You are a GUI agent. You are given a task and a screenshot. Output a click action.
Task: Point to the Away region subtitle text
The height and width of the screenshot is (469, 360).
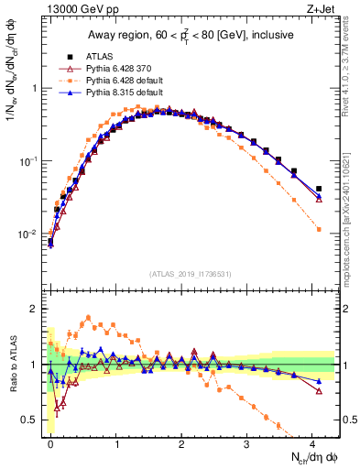pos(193,36)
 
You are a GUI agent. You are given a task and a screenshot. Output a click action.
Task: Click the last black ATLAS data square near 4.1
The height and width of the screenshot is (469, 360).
pos(319,189)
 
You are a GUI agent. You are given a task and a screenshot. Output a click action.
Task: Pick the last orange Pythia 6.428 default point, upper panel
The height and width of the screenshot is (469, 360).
pos(319,229)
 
